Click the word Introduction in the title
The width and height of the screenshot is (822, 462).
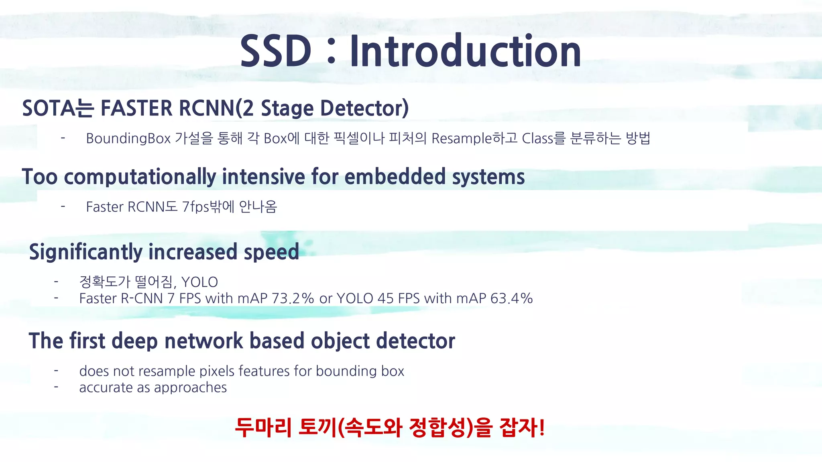[465, 51]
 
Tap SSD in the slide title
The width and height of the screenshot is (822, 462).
[276, 51]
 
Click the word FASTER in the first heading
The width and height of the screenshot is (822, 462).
[136, 108]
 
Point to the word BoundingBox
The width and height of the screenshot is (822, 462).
[128, 139]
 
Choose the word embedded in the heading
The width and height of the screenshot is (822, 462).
[395, 177]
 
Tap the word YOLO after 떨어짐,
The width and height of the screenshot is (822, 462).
[199, 282]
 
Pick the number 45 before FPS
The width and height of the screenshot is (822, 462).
[385, 299]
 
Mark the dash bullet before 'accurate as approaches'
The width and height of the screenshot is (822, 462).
[57, 387]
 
